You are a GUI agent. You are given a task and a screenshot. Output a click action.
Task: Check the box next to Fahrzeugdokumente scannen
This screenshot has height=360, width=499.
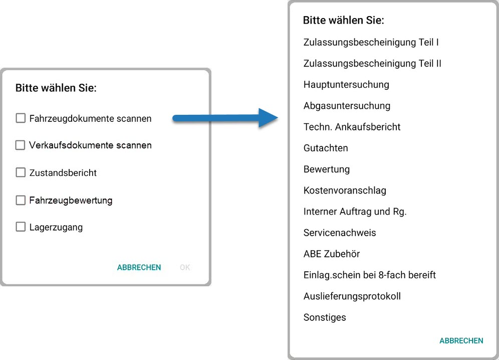coord(21,118)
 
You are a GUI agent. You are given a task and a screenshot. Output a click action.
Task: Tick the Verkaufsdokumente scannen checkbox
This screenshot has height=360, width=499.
coord(21,145)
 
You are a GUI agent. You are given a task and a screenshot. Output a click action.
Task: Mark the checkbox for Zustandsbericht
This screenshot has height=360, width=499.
coord(21,172)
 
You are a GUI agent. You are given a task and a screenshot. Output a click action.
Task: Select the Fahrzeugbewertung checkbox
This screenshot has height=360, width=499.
coord(21,200)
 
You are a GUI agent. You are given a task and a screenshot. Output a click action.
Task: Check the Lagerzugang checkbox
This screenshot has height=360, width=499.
coord(21,227)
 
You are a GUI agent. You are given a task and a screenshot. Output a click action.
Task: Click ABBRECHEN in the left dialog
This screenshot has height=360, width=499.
coord(139,267)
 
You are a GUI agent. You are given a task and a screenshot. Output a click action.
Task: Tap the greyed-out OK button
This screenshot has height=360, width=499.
coord(185,267)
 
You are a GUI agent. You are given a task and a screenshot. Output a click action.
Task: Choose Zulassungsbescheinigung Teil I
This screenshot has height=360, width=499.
coord(371,43)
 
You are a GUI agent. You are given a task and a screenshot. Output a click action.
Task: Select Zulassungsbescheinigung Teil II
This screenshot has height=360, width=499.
coord(372,64)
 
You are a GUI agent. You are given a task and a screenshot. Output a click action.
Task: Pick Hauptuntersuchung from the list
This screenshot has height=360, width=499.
coord(346,85)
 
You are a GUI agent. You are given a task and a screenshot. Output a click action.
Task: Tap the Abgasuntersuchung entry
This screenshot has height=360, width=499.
coord(347,106)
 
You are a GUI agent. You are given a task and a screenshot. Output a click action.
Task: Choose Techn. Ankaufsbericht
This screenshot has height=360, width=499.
coord(352,127)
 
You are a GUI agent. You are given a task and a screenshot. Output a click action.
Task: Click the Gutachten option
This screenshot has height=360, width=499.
coord(326,148)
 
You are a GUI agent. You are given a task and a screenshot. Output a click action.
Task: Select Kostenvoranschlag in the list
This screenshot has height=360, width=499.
coord(345,191)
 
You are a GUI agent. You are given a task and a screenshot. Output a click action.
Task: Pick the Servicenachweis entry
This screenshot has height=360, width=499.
coord(340,233)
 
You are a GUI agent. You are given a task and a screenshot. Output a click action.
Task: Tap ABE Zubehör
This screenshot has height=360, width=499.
coord(332,254)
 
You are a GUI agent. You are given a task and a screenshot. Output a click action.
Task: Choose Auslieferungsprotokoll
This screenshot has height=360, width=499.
coord(352,296)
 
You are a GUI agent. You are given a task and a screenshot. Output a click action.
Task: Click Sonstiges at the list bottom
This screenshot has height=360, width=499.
coord(325,317)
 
